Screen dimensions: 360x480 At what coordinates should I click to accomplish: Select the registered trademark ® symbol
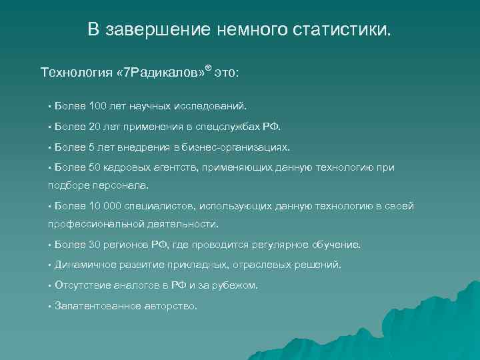[x=208, y=67]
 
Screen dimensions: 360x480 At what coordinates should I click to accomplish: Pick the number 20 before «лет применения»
[x=90, y=126]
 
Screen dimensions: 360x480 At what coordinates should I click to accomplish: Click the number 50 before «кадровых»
[x=90, y=167]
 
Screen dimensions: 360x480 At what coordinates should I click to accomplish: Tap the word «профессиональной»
[x=89, y=224]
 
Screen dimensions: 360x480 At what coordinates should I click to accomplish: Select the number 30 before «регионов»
[x=90, y=245]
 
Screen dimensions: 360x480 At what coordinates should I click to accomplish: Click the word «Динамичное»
[x=85, y=265]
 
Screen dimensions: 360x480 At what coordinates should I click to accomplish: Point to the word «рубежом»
[x=236, y=285]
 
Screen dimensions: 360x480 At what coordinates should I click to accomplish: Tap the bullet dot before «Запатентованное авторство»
[x=50, y=306]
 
